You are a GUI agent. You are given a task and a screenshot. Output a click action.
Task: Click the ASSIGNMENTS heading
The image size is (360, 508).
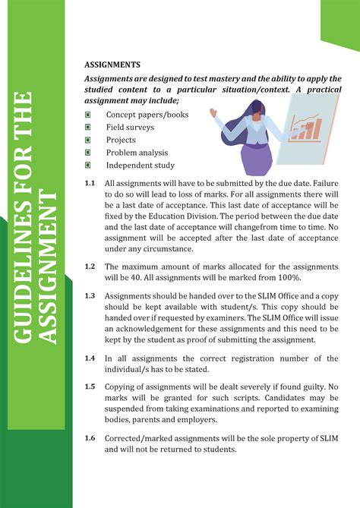click(112, 65)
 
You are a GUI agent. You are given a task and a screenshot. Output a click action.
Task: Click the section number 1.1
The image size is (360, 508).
click(90, 183)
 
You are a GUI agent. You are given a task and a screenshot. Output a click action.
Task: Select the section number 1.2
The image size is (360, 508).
click(90, 267)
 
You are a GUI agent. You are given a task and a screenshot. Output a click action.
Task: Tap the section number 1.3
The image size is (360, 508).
click(90, 295)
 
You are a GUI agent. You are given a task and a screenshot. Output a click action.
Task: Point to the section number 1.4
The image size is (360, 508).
click(90, 358)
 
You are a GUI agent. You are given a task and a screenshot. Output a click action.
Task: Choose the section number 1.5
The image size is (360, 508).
click(90, 387)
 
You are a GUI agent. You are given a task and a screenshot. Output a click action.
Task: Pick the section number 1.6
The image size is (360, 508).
click(90, 438)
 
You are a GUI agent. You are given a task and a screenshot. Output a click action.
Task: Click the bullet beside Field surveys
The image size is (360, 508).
click(89, 128)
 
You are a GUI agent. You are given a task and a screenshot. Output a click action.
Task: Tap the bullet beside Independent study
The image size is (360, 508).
click(89, 165)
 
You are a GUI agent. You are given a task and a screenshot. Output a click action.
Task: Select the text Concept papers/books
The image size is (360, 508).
click(147, 115)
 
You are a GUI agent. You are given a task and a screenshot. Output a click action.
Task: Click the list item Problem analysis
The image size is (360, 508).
click(137, 153)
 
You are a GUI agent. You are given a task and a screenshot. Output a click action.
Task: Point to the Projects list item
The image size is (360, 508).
click(121, 140)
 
